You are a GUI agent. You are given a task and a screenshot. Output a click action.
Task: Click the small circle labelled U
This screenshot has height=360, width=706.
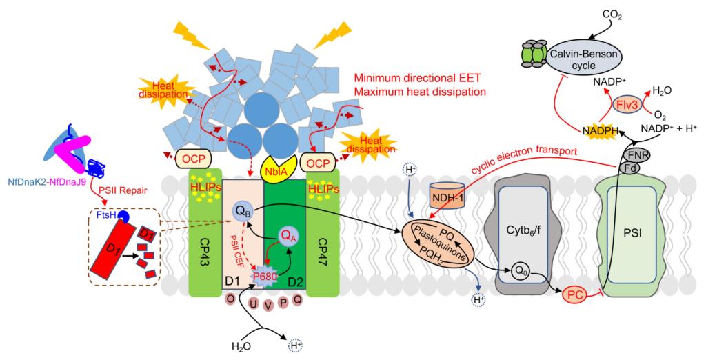(x=253, y=304)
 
